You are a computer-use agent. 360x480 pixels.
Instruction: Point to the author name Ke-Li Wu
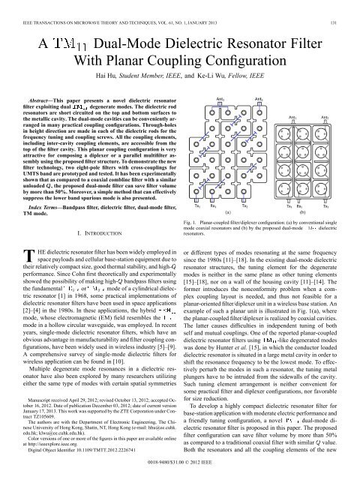click(x=217, y=76)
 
